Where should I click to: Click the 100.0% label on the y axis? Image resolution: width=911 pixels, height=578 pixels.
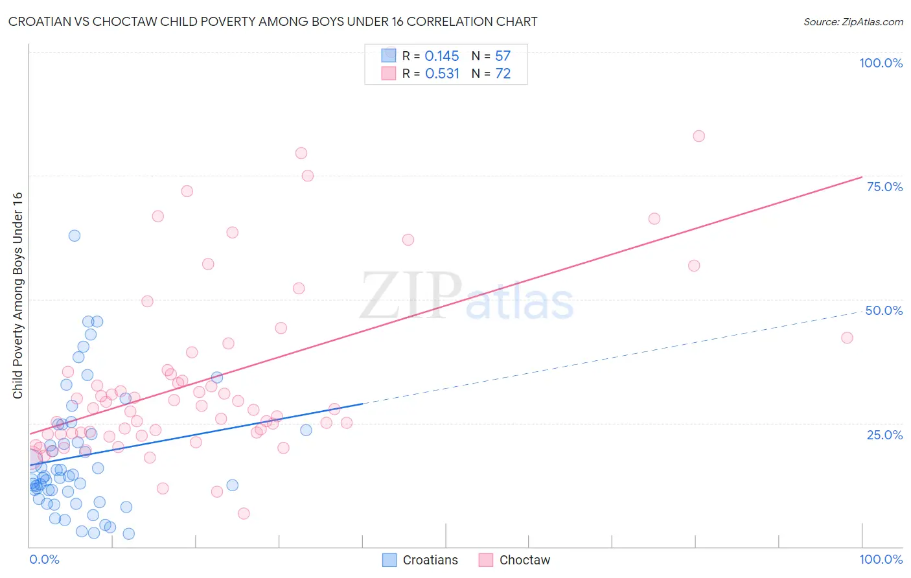tap(881, 63)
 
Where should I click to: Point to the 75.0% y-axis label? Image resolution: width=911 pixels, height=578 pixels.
tap(884, 187)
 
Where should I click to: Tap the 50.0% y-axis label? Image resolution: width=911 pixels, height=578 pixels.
tap(884, 310)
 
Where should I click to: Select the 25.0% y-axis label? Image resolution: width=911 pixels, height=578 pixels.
tap(884, 435)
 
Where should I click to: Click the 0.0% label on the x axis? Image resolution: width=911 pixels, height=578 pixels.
tap(44, 559)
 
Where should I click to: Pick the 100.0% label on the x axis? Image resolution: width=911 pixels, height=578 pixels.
tap(881, 559)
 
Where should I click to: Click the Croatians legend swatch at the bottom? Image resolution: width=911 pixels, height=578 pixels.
tap(389, 560)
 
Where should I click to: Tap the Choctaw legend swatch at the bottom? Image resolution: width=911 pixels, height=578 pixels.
tap(486, 560)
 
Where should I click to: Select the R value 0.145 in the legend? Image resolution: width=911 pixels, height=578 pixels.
tap(442, 56)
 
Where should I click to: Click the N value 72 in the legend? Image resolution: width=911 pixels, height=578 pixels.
tap(503, 74)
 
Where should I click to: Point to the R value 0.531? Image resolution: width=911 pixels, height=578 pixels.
tap(442, 74)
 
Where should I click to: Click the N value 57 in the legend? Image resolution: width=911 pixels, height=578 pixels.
tap(503, 56)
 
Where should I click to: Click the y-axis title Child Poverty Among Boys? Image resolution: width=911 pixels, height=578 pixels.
tap(17, 295)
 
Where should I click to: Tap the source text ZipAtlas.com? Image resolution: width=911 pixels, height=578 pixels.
tap(853, 22)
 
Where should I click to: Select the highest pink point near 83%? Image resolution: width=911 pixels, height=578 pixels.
tap(698, 136)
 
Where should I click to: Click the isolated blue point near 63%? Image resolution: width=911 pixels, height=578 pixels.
tap(75, 236)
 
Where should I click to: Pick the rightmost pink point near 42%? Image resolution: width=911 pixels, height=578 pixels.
tap(847, 338)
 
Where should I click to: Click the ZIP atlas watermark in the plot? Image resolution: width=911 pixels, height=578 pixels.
tap(467, 296)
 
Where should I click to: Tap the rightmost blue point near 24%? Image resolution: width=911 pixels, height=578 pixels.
tap(306, 430)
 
